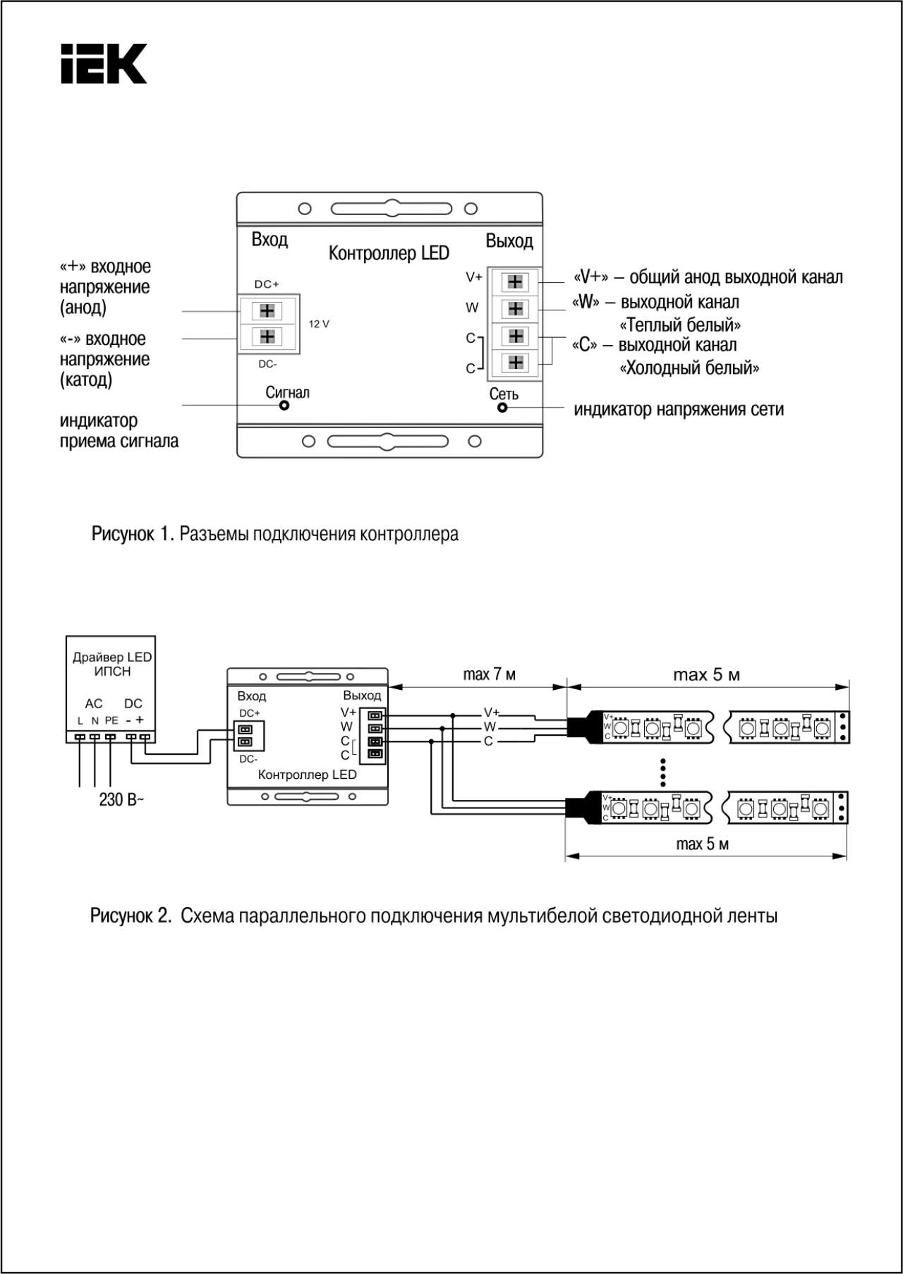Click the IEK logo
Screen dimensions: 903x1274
point(104,63)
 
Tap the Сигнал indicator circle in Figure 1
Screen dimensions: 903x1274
point(284,405)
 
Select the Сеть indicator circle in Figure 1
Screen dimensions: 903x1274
point(502,407)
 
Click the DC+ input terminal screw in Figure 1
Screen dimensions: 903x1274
point(267,310)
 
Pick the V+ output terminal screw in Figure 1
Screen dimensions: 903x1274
point(515,281)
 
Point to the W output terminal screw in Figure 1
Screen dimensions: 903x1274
point(515,308)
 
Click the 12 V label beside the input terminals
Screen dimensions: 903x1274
point(319,324)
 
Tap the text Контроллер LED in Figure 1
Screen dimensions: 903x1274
point(389,253)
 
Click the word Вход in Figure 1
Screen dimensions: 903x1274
point(269,239)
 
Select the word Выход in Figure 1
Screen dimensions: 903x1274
point(509,241)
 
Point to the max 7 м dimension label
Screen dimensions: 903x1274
point(489,674)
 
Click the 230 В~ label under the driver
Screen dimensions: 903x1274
point(121,799)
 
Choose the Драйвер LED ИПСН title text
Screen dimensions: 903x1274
point(112,664)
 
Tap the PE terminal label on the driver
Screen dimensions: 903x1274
point(111,720)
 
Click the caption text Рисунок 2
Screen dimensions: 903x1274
point(131,916)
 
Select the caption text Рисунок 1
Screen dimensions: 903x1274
point(133,533)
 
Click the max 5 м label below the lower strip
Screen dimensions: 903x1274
point(702,844)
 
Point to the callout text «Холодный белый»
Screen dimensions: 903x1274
point(689,368)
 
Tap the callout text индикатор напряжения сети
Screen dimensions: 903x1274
point(679,409)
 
